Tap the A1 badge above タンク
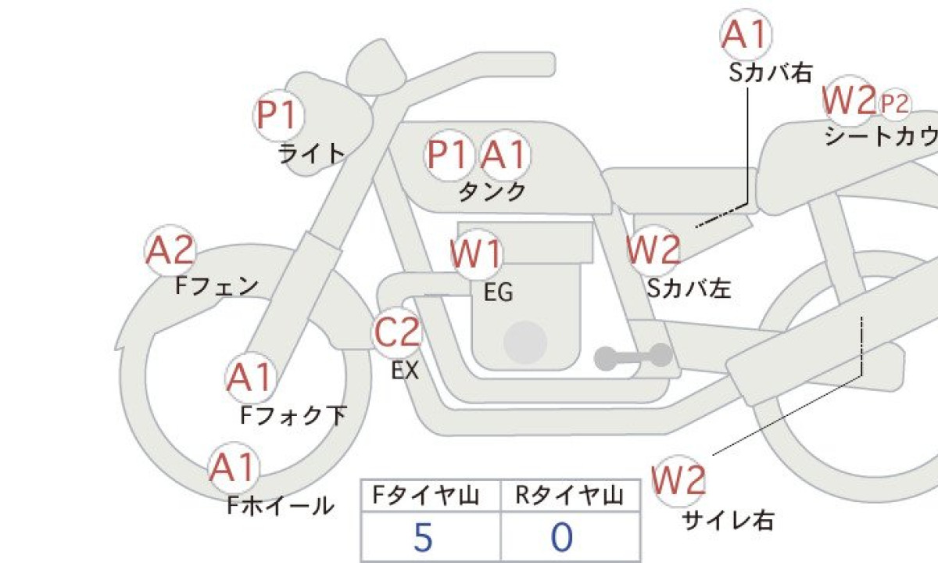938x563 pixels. pyautogui.click(x=504, y=155)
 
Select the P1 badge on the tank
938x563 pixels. pyautogui.click(x=449, y=155)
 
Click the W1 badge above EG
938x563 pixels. pyautogui.click(x=476, y=255)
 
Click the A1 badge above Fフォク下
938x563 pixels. pyautogui.click(x=250, y=378)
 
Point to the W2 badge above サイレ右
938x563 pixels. pyautogui.click(x=678, y=480)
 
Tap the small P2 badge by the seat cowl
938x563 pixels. pyautogui.click(x=894, y=103)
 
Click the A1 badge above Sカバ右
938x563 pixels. pyautogui.click(x=745, y=35)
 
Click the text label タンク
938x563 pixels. pyautogui.click(x=492, y=192)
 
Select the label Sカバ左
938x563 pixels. pyautogui.click(x=689, y=289)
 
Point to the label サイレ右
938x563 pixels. pyautogui.click(x=727, y=519)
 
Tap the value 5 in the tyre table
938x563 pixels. pyautogui.click(x=423, y=538)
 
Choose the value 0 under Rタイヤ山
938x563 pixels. pyautogui.click(x=562, y=538)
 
